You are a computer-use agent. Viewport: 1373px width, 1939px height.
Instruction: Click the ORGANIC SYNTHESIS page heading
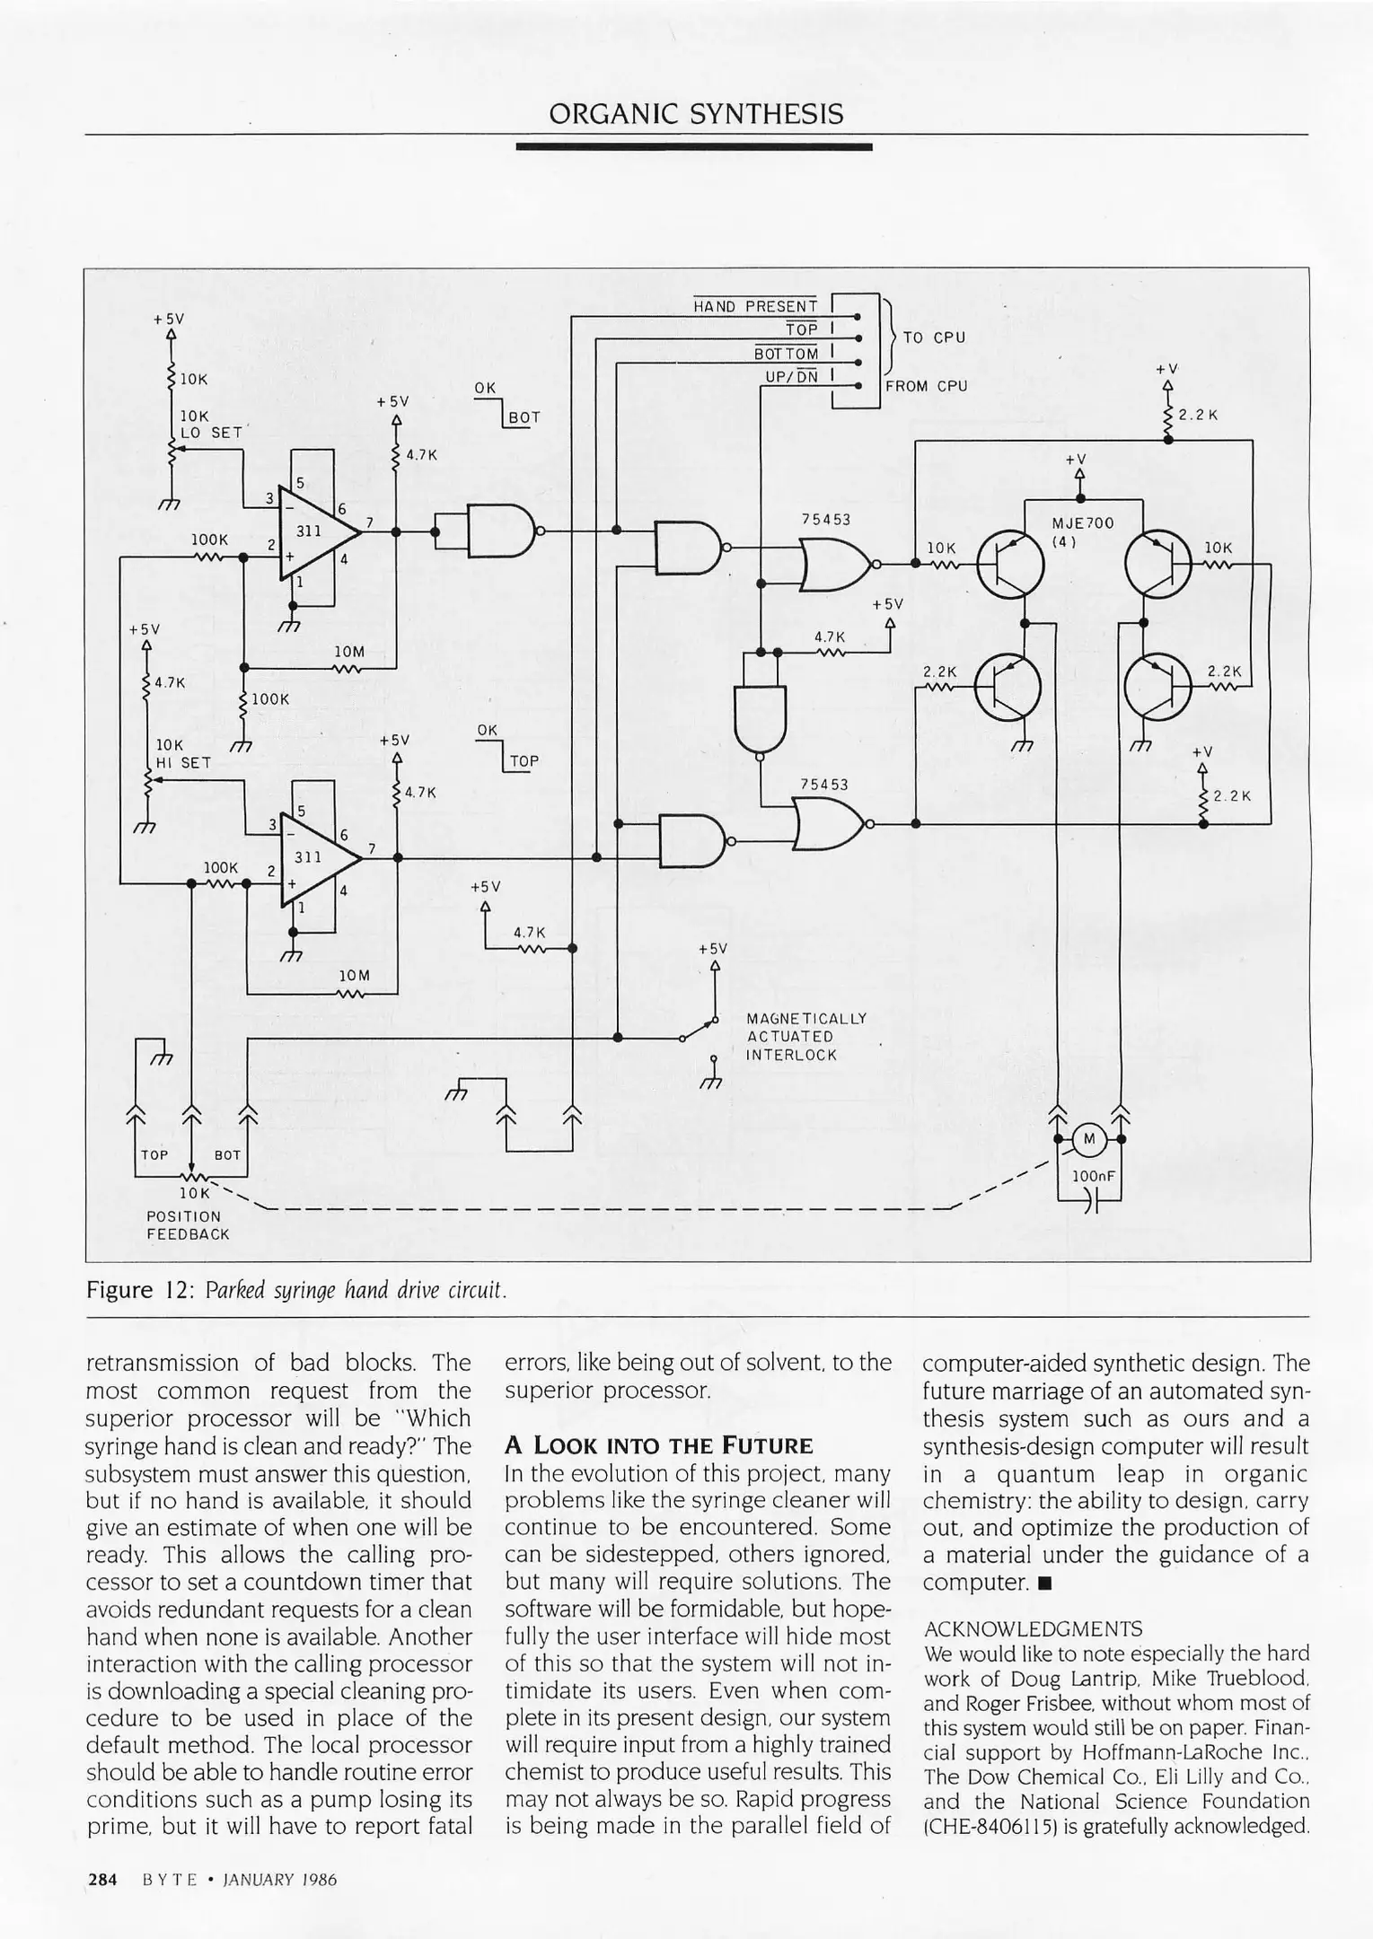pyautogui.click(x=696, y=114)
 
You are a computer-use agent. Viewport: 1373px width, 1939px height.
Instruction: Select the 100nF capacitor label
pyautogui.click(x=1092, y=1175)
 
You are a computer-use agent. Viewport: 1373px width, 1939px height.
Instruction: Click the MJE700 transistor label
pyautogui.click(x=1082, y=523)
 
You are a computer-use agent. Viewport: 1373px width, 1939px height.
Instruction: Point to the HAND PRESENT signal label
pyautogui.click(x=754, y=306)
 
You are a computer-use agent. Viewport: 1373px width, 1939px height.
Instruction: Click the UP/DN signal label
pyautogui.click(x=791, y=377)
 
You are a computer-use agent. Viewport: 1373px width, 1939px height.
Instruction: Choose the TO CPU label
pyautogui.click(x=934, y=338)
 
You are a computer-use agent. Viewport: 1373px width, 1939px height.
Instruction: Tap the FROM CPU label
pyautogui.click(x=926, y=386)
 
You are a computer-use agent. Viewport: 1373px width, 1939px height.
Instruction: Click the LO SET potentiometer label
pyautogui.click(x=212, y=433)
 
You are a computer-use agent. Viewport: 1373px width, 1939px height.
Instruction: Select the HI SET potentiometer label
pyautogui.click(x=183, y=763)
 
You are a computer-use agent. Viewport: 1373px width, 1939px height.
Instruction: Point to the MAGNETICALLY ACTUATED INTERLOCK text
pyautogui.click(x=805, y=1037)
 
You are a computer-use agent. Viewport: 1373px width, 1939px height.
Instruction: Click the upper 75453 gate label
pyautogui.click(x=825, y=519)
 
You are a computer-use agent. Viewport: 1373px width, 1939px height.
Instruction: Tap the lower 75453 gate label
pyautogui.click(x=823, y=784)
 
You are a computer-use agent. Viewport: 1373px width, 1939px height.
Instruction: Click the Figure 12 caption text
pyautogui.click(x=297, y=1291)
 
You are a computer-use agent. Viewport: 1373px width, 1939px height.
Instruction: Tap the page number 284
pyautogui.click(x=102, y=1879)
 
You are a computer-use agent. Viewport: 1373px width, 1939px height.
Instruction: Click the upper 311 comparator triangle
pyautogui.click(x=314, y=532)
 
